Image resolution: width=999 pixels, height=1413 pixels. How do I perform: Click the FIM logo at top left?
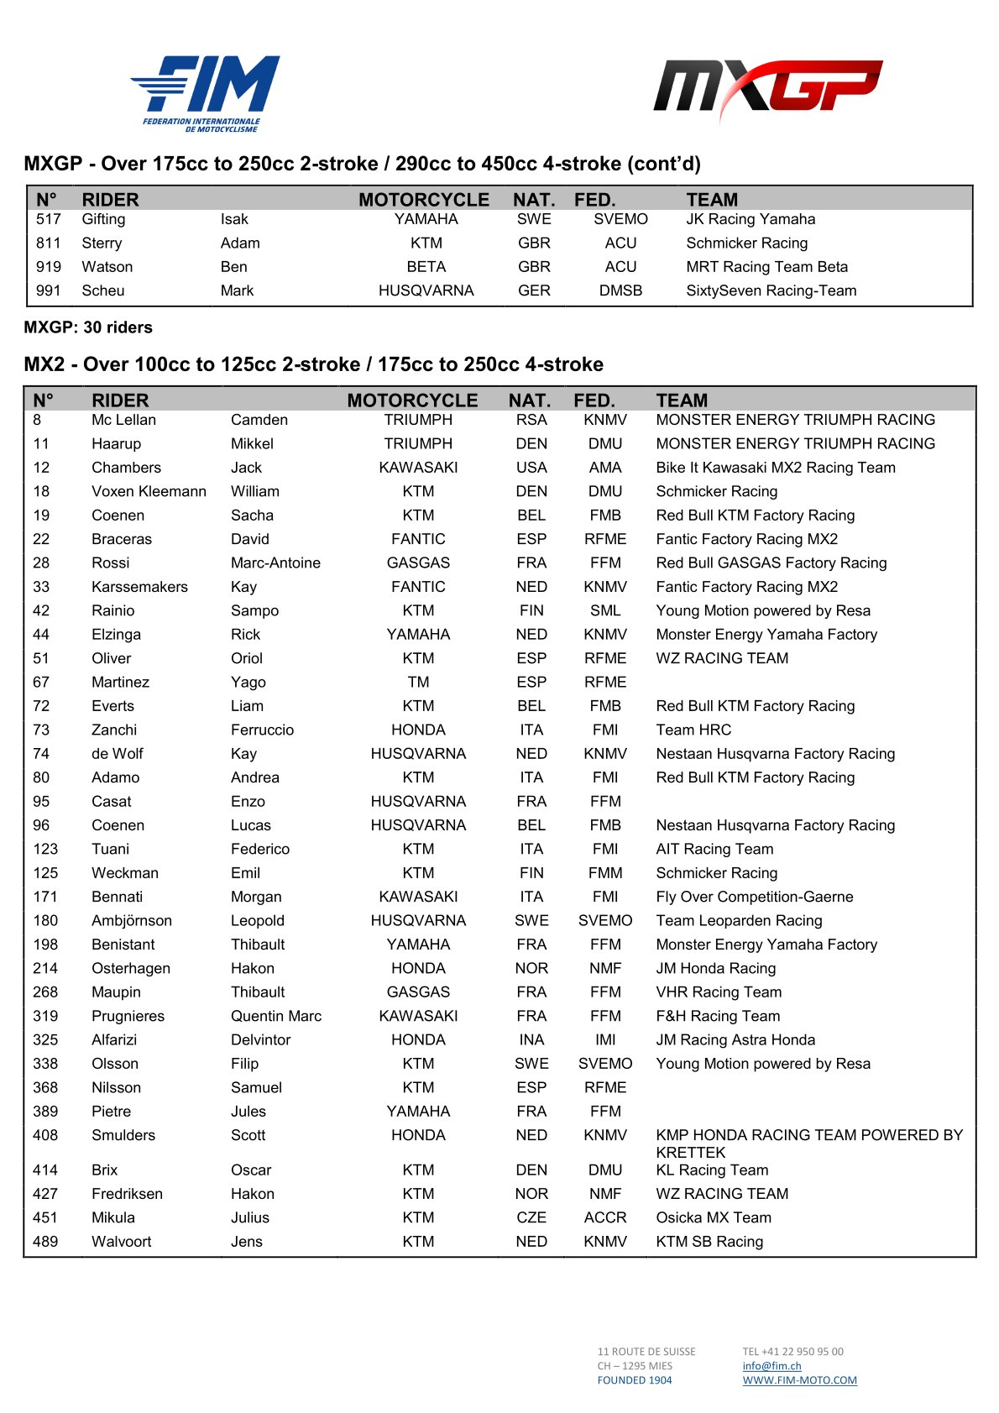click(x=205, y=92)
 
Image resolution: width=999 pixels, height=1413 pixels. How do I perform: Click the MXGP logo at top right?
click(x=767, y=89)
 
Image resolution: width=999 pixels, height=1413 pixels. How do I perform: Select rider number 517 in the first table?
click(x=49, y=219)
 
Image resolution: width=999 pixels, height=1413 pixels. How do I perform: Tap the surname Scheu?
click(x=103, y=290)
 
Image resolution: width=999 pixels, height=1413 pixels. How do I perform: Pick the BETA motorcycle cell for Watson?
click(x=426, y=267)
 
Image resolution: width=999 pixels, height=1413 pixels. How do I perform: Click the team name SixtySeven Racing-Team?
click(x=771, y=290)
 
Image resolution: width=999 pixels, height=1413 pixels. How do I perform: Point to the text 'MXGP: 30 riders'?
click(x=88, y=327)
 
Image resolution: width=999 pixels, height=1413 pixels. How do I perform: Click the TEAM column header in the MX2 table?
click(x=682, y=400)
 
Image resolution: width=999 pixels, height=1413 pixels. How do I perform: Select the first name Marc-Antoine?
click(x=275, y=563)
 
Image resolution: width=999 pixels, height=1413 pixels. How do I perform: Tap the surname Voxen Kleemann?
click(x=149, y=491)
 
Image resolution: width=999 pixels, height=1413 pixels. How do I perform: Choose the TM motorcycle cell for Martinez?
click(x=418, y=682)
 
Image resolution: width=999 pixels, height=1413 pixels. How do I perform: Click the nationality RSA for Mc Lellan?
click(x=531, y=420)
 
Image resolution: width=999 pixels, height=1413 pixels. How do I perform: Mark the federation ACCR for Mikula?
click(x=605, y=1217)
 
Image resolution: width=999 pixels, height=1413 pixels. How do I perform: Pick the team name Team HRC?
click(x=693, y=730)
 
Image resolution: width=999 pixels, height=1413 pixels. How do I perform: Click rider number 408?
click(x=45, y=1135)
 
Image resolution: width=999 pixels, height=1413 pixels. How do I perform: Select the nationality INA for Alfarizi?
click(x=531, y=1039)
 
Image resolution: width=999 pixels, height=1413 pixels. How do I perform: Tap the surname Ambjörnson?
click(x=132, y=920)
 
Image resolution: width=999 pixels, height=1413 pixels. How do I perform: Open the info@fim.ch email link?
click(x=771, y=1366)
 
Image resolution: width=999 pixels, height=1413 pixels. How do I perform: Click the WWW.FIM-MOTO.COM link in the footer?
click(x=799, y=1380)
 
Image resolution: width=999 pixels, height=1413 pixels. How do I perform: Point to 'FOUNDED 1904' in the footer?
click(x=635, y=1380)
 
